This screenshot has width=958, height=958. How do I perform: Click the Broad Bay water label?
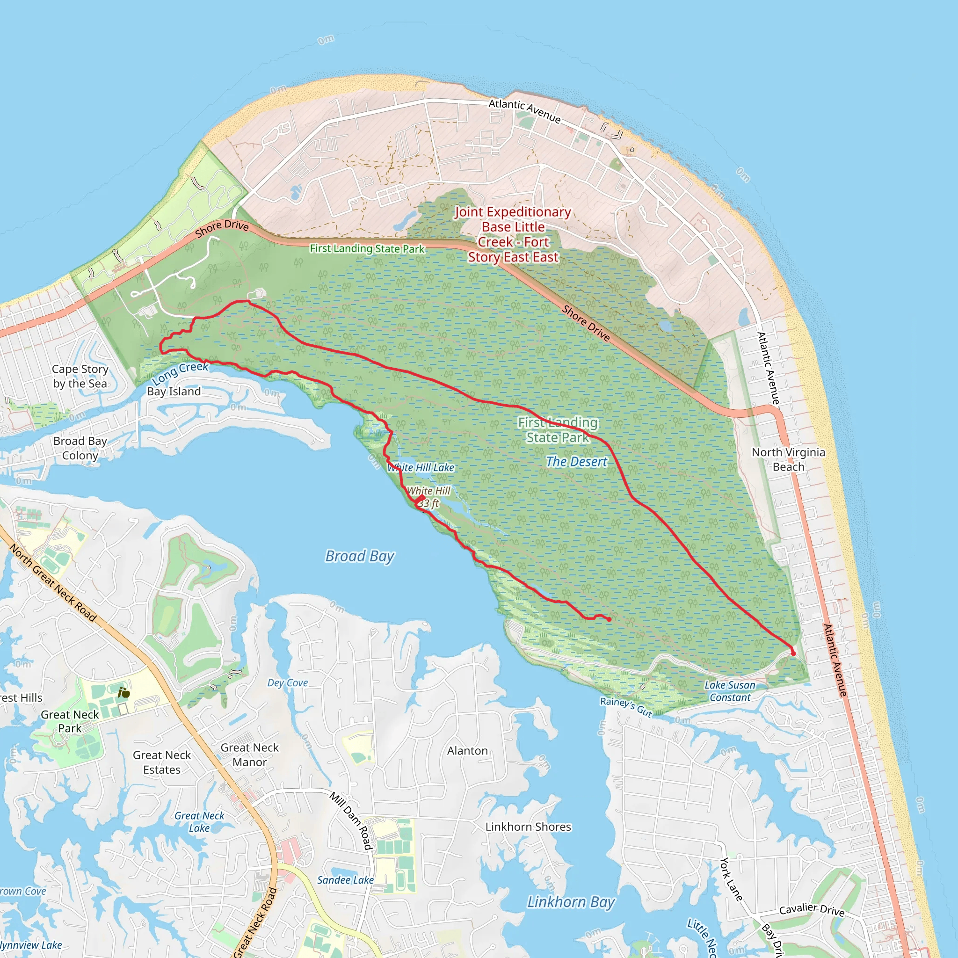coord(360,556)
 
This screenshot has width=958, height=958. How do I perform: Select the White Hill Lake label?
coord(421,467)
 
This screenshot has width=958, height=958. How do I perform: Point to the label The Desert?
coord(576,462)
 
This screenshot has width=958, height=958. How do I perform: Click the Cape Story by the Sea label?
coord(80,377)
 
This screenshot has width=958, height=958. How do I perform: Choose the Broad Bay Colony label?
coord(80,448)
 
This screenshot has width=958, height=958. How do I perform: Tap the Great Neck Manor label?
coord(249,755)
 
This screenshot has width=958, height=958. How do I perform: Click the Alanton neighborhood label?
coord(467,751)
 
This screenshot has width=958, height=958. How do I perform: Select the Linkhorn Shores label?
coord(528,827)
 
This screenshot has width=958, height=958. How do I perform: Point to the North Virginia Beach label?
coord(788,459)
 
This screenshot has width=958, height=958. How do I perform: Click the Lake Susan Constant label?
coord(730,691)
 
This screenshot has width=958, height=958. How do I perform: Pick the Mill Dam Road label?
coord(352,820)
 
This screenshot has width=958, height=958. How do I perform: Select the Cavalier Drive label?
coord(812,910)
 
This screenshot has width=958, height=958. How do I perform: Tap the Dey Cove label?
coord(288,683)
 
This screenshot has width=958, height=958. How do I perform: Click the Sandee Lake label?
coord(345,880)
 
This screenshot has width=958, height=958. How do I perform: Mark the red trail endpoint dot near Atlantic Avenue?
coord(793,653)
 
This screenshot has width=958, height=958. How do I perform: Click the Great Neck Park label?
coord(70,721)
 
